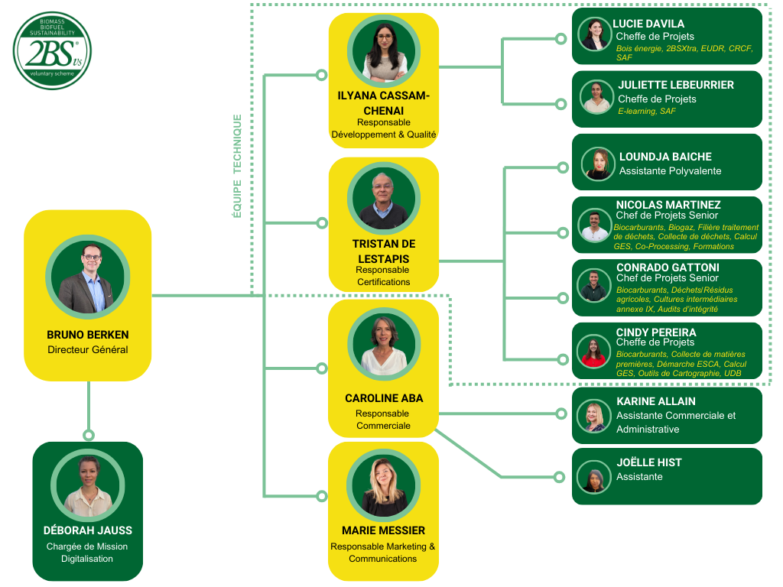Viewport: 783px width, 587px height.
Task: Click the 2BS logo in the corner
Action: (x=52, y=51)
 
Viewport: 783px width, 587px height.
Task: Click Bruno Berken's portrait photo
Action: (x=88, y=277)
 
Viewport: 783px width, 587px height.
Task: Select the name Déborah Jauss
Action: (x=88, y=530)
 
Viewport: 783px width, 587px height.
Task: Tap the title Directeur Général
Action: (x=88, y=350)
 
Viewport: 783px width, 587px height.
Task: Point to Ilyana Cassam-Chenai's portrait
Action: (x=383, y=51)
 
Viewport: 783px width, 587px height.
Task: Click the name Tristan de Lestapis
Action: (x=383, y=251)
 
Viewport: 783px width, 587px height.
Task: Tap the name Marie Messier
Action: (x=383, y=530)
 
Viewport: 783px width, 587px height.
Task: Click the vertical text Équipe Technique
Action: (x=237, y=166)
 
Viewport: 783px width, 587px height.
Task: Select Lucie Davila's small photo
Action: (x=594, y=34)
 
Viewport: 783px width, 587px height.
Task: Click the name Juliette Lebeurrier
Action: (x=675, y=85)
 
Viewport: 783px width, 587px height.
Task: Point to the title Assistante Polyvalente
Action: (x=670, y=171)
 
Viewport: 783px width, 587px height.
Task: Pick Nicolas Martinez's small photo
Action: (x=594, y=225)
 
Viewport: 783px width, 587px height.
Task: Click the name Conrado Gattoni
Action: (x=668, y=268)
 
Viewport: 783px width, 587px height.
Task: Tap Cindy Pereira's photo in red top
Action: (x=594, y=351)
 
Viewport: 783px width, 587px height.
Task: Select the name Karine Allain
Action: (x=655, y=401)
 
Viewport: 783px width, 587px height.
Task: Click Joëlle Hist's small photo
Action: (x=594, y=476)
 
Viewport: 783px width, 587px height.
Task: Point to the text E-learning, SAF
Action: (x=646, y=112)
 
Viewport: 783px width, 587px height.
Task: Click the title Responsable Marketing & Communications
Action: (x=383, y=553)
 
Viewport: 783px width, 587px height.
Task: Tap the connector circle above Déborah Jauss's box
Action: (x=89, y=435)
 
